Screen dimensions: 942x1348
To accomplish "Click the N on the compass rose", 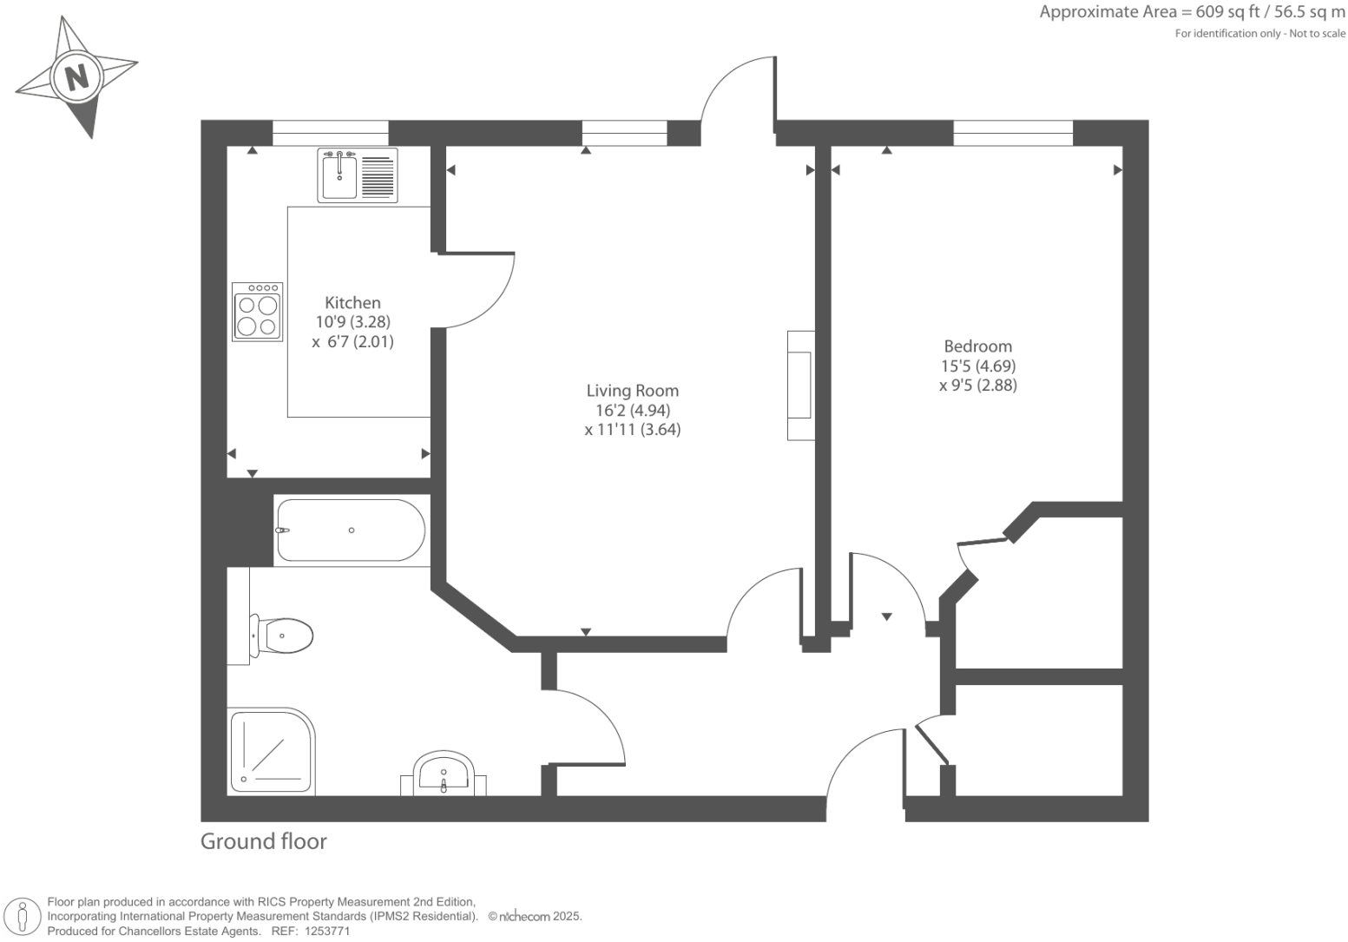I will click(78, 77).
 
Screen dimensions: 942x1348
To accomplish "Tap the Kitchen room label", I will click(352, 303).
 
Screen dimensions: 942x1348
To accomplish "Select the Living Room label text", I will click(632, 391).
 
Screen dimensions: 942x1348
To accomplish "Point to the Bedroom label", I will click(977, 346).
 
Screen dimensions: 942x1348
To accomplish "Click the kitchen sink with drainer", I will click(358, 175).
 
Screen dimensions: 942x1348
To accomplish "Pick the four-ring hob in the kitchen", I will click(258, 312).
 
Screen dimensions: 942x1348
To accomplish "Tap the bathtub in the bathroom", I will click(350, 530).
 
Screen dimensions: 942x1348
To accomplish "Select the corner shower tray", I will click(271, 751).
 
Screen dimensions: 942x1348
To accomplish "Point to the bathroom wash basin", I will click(444, 773).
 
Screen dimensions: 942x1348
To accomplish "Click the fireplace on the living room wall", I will click(800, 385).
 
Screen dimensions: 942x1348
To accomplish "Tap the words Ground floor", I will click(263, 841).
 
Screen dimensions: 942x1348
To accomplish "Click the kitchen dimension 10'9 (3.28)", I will click(352, 322).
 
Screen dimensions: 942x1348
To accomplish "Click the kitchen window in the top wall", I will click(330, 133).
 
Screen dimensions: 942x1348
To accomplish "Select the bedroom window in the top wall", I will click(1012, 133).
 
